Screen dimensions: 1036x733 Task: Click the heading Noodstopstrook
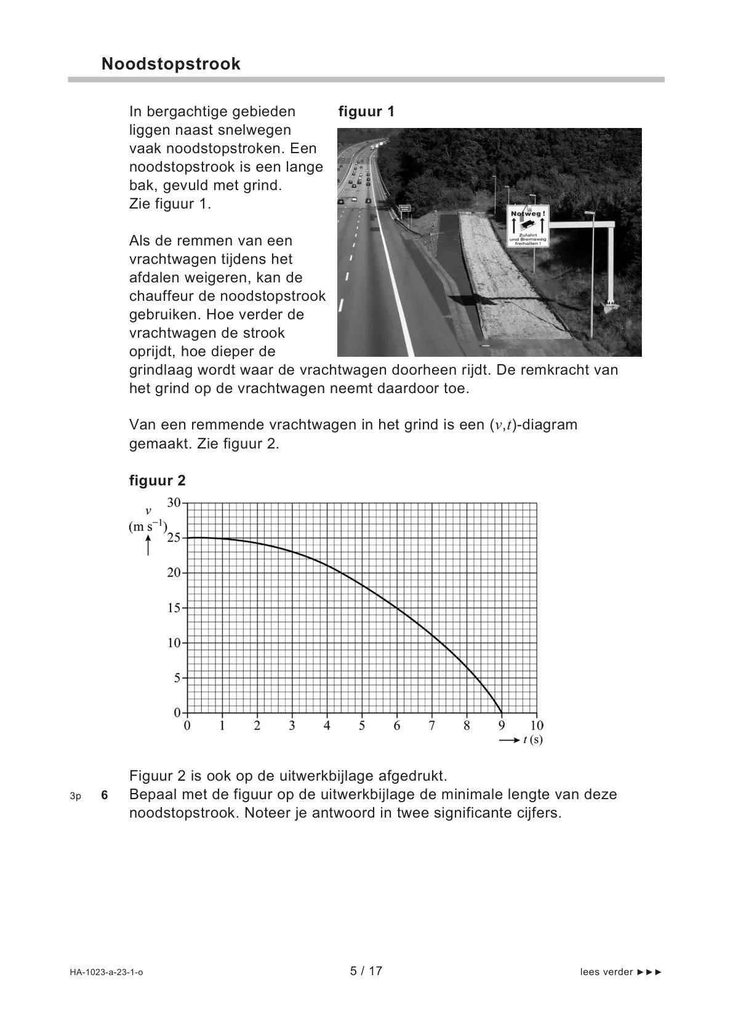tap(170, 64)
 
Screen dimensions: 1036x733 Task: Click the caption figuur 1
tap(366, 111)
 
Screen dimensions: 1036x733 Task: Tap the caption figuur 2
tap(157, 480)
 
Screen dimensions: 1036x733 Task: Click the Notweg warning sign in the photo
tap(527, 226)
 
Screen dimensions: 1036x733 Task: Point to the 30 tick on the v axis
tap(174, 503)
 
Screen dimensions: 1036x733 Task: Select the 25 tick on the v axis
tap(174, 538)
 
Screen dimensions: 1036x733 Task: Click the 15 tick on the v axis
tap(174, 608)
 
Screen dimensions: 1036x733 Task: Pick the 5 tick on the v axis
tap(177, 678)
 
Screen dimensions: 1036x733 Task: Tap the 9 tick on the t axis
tap(502, 726)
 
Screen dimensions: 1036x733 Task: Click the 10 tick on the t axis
tap(537, 726)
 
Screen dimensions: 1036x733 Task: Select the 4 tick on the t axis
tap(327, 726)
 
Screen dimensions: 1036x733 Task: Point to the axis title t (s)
tap(532, 740)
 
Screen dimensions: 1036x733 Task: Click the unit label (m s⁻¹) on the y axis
tap(148, 527)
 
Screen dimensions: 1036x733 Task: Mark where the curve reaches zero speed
tap(502, 713)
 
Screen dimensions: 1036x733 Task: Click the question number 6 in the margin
tap(105, 795)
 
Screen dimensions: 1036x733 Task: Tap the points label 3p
tap(75, 796)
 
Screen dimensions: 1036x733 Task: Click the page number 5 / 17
tap(366, 971)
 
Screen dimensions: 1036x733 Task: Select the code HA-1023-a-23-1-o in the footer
tap(106, 972)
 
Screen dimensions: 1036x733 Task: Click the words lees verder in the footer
tap(606, 972)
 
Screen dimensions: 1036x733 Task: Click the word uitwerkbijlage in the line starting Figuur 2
tap(343, 775)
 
